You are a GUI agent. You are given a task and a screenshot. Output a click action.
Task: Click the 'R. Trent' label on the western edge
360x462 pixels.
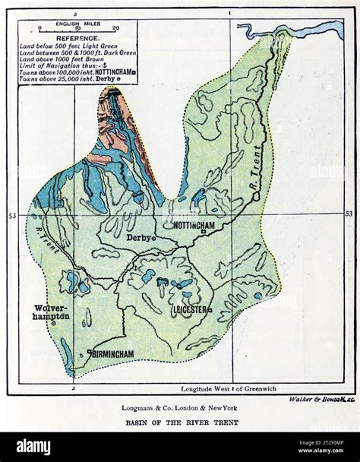(44, 224)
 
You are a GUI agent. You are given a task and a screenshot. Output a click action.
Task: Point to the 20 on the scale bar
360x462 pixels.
(115, 28)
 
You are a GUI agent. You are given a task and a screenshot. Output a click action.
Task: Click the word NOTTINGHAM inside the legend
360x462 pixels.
(112, 74)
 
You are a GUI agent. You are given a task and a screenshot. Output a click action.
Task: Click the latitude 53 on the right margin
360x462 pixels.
(349, 214)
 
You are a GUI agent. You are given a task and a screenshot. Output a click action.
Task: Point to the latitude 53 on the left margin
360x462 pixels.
(12, 217)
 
